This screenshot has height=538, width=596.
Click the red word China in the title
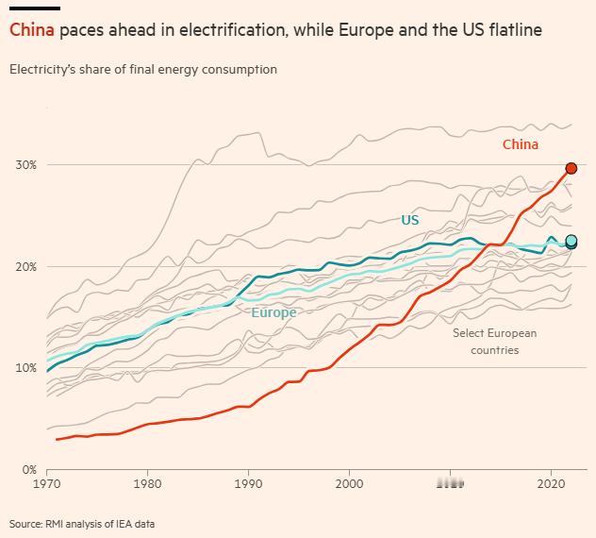[32, 30]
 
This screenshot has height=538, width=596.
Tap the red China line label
[521, 144]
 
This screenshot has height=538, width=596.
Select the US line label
[410, 220]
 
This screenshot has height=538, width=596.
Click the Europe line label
[273, 312]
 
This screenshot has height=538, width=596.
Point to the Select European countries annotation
[494, 342]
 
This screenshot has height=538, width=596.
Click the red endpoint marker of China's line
[571, 168]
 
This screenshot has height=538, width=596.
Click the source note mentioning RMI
[82, 524]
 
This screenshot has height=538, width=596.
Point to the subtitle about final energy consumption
[142, 70]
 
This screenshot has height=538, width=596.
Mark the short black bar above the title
[35, 8]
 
